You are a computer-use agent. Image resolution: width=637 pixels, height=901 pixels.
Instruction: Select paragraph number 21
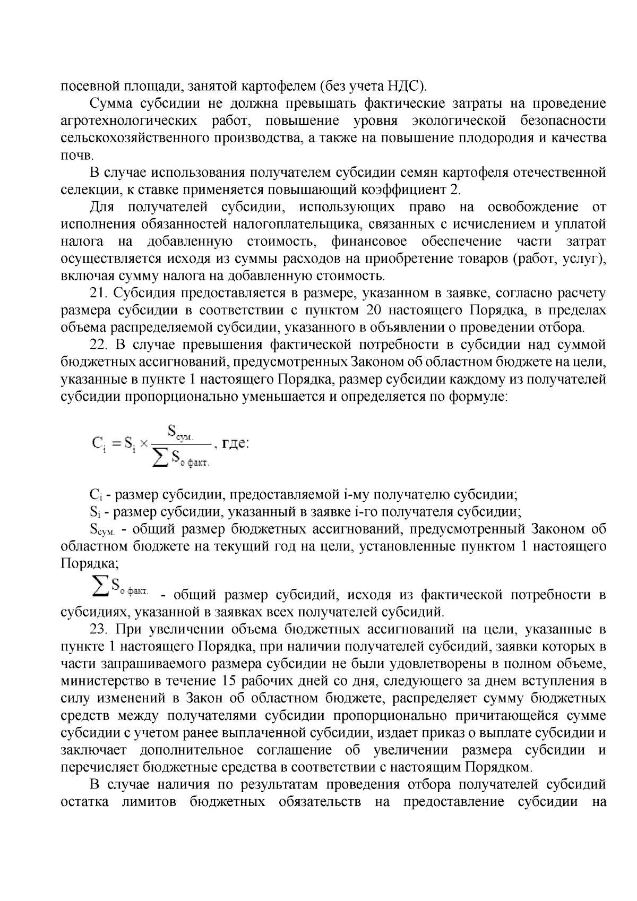pos(99,293)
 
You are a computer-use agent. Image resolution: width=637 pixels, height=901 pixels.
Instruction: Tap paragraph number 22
pos(99,345)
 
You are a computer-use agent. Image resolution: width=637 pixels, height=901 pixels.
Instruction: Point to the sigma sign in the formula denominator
pos(159,460)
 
